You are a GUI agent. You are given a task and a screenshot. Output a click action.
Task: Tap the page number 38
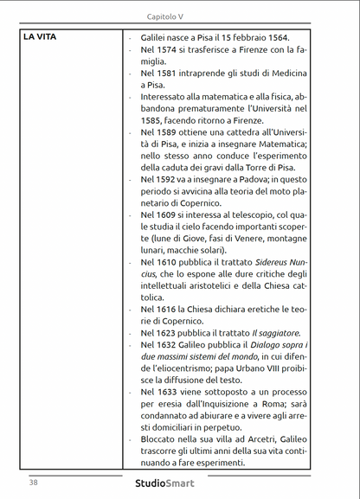click(x=33, y=483)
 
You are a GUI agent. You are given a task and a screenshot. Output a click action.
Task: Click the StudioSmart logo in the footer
click(x=164, y=483)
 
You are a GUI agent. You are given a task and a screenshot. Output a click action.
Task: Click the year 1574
click(x=170, y=50)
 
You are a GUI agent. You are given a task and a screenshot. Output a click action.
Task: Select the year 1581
click(x=170, y=74)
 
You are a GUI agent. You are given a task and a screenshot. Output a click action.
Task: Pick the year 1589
click(x=170, y=131)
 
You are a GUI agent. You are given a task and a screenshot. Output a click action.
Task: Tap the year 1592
click(x=170, y=179)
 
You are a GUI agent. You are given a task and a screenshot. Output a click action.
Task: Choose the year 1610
click(x=170, y=261)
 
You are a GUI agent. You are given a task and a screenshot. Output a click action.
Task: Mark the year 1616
click(x=170, y=309)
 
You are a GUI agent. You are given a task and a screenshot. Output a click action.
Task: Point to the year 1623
click(x=170, y=332)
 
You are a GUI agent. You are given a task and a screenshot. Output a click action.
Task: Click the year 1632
click(x=170, y=344)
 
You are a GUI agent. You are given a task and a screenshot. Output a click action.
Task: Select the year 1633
click(x=170, y=391)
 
